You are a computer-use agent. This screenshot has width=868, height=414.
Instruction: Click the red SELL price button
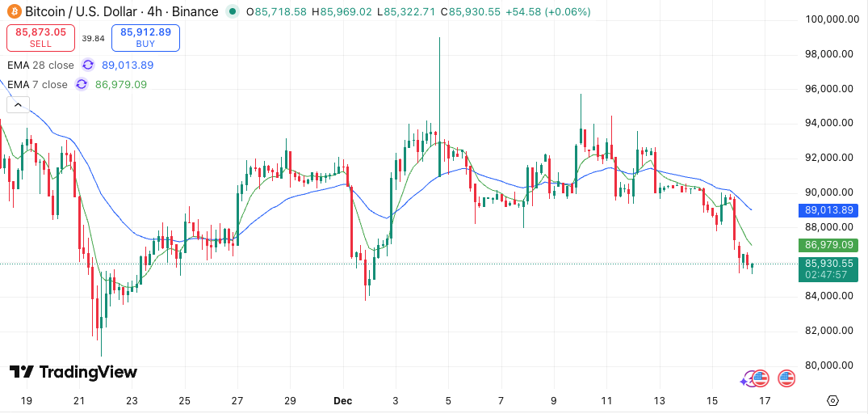(41, 38)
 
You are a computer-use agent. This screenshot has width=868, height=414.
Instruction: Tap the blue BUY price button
(145, 38)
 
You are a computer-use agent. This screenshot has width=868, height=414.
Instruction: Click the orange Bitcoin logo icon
(13, 12)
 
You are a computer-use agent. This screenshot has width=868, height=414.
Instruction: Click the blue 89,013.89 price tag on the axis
(828, 210)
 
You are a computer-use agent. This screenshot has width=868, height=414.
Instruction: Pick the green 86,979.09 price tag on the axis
(828, 245)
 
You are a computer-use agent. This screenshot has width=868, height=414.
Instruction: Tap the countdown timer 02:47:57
(828, 275)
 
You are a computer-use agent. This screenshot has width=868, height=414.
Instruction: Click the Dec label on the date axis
(343, 400)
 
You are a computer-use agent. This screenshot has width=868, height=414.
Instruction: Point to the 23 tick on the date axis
(132, 400)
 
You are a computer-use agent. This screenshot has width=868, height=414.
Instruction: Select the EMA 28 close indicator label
(40, 65)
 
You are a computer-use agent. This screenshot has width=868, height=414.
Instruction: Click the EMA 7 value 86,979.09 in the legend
(121, 84)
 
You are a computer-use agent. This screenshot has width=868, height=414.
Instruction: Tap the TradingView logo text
(73, 372)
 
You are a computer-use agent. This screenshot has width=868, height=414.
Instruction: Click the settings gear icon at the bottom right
(833, 400)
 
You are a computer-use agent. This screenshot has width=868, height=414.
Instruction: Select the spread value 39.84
(94, 38)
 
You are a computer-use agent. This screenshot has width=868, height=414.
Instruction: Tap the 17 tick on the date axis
(765, 400)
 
